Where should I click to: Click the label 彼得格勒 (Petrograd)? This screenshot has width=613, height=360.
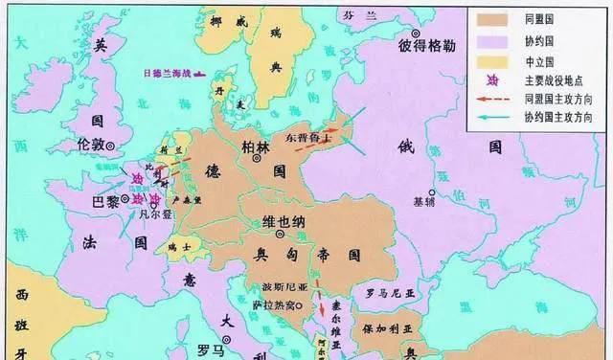point(427,44)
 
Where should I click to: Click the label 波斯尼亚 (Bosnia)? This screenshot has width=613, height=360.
point(268,287)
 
